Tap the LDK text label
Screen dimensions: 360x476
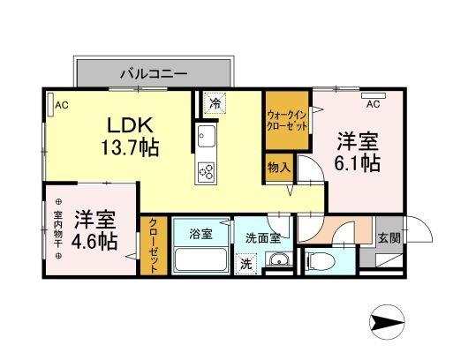click(128, 124)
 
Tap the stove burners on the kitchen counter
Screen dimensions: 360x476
click(206, 170)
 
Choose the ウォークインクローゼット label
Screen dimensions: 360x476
click(286, 120)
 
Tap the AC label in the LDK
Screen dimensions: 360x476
click(61, 105)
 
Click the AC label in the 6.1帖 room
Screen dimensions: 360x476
click(372, 104)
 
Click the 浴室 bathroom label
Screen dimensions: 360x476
click(200, 234)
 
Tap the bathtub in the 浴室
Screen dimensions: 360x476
click(200, 261)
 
